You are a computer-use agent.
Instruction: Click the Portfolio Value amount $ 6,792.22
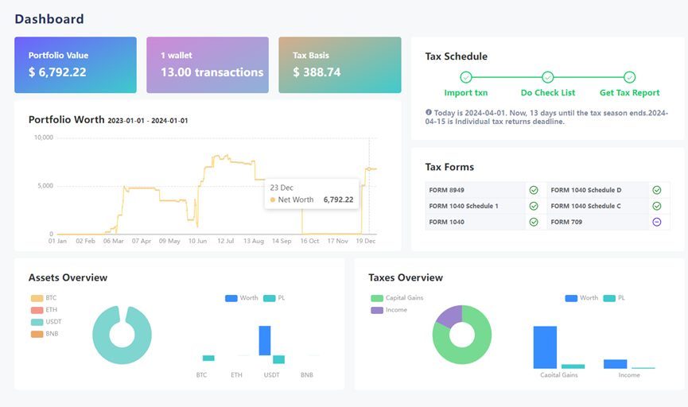click(57, 72)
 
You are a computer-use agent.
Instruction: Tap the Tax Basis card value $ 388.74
click(317, 72)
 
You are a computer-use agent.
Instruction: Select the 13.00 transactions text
click(212, 72)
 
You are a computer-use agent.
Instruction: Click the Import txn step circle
click(466, 77)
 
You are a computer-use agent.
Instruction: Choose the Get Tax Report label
click(630, 92)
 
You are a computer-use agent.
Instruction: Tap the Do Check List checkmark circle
click(547, 77)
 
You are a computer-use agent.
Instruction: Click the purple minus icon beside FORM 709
click(657, 222)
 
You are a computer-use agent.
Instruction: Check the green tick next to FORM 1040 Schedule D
click(657, 190)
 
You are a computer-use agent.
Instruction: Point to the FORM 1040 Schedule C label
click(585, 206)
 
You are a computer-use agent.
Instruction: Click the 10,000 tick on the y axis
click(44, 138)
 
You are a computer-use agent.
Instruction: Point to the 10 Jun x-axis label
click(197, 241)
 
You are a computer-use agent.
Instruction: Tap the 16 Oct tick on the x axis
click(309, 241)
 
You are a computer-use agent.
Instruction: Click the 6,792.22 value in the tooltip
click(338, 200)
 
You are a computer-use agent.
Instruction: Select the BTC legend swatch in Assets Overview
click(37, 298)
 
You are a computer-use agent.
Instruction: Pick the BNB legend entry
click(45, 334)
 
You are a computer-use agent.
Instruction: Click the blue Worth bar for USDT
click(265, 340)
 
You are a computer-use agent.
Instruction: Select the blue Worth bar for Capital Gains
click(545, 347)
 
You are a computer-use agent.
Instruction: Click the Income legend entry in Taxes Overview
click(389, 310)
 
